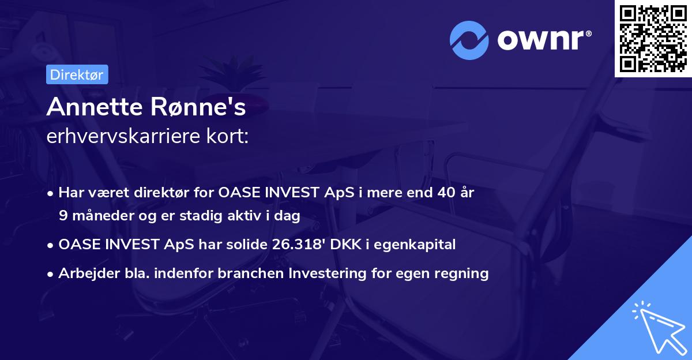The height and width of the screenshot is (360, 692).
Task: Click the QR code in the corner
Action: click(653, 39)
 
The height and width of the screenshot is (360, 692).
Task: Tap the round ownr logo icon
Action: click(469, 40)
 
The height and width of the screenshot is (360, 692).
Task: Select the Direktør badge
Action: click(77, 74)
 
